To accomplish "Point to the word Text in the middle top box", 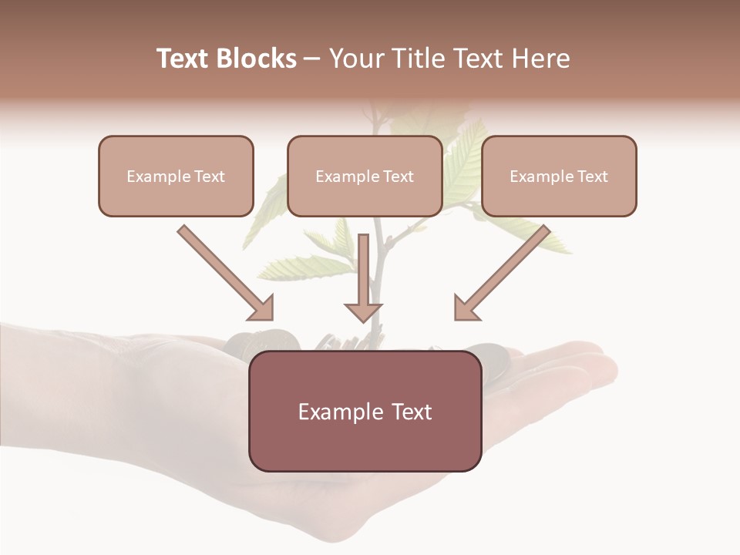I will [397, 177].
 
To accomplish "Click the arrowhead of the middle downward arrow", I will [363, 311].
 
